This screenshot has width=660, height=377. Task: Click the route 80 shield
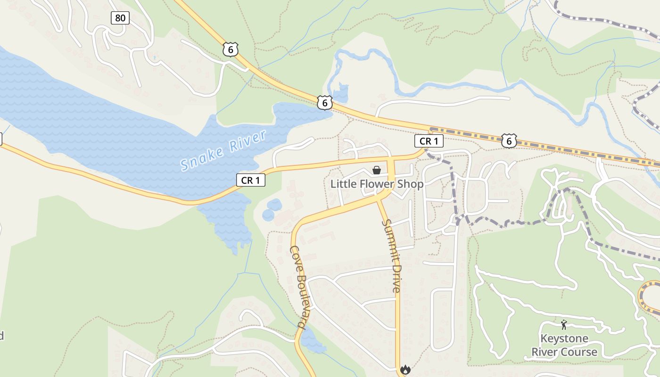click(x=120, y=18)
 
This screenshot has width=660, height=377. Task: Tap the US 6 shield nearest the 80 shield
click(x=231, y=49)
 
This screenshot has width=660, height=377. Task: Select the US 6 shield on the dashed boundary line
click(x=509, y=140)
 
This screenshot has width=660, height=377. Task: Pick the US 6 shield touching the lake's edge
click(x=324, y=102)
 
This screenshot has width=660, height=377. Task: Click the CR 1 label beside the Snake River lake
click(x=251, y=180)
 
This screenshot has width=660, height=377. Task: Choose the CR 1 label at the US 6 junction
click(x=429, y=141)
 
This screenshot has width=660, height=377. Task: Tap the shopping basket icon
click(x=377, y=170)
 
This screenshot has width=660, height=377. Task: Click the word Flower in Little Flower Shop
click(x=374, y=184)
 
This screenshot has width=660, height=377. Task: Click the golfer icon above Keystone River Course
click(x=564, y=324)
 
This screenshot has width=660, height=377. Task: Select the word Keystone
click(x=564, y=338)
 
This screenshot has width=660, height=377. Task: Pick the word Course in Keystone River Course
click(x=581, y=352)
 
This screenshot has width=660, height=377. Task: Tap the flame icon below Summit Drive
click(x=405, y=370)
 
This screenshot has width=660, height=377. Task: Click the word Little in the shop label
click(x=340, y=184)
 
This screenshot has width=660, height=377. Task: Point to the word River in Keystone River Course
click(x=545, y=352)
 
